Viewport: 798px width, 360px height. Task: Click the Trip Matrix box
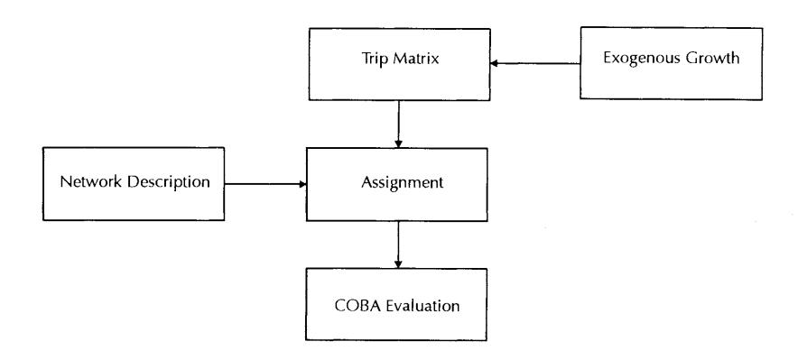point(400,64)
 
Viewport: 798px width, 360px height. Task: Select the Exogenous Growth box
point(672,63)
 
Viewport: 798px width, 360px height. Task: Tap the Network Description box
point(134,183)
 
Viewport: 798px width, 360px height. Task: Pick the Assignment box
point(397,184)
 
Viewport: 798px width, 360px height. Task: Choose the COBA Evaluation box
point(396,304)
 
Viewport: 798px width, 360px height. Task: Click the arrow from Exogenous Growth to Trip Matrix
point(535,63)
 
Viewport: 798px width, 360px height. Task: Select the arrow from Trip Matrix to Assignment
point(398,125)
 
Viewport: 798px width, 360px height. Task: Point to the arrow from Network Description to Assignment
point(265,184)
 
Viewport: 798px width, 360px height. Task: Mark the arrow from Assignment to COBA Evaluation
point(398,245)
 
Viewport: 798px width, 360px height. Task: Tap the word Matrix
point(415,59)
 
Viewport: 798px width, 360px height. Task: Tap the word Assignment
point(402,183)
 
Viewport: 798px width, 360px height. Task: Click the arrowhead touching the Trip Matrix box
point(494,63)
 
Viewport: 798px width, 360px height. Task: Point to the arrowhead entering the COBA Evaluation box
point(398,264)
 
